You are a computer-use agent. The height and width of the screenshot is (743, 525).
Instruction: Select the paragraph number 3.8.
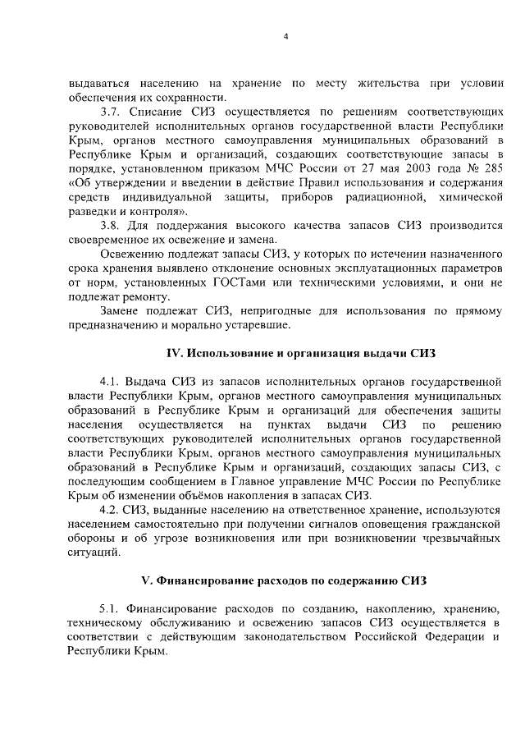[x=111, y=225]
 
